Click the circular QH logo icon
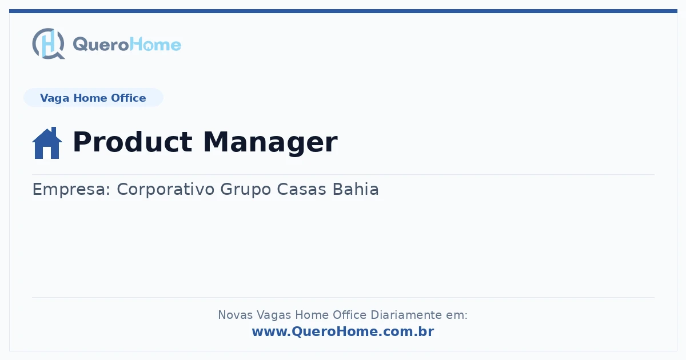point(49,43)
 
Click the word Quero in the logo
point(101,45)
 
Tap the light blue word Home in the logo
point(155,45)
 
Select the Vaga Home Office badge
point(93,98)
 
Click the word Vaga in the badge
point(54,98)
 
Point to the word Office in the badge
point(128,98)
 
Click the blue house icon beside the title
point(47,143)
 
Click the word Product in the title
point(132,142)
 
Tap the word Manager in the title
point(270,143)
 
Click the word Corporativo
point(166,190)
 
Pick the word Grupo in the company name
point(246,190)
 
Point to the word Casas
point(302,189)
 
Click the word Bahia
point(356,189)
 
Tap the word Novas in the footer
point(235,315)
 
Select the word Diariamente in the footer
point(406,315)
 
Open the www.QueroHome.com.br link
point(343,331)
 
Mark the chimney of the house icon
point(54,131)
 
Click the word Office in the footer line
point(350,315)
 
